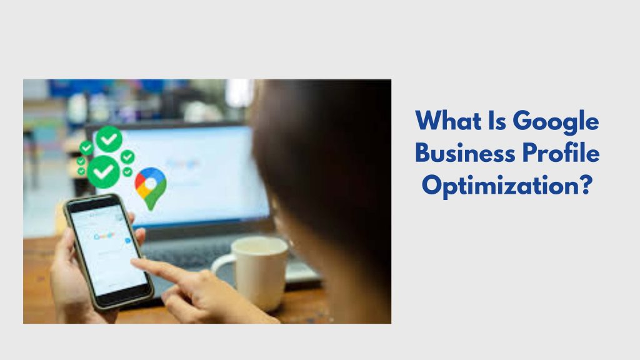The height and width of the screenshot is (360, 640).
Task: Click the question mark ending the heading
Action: [x=586, y=186]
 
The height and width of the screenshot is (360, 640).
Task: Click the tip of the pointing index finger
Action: [x=136, y=262]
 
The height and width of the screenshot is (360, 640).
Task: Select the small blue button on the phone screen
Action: [x=127, y=240]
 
